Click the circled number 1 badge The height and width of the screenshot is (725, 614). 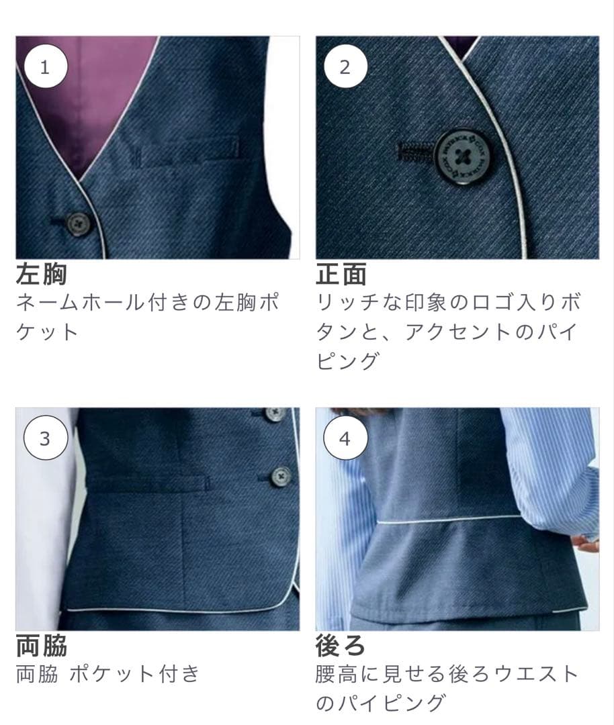point(45,67)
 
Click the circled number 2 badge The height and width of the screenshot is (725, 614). point(345,67)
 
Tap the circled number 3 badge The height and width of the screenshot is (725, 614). point(45,439)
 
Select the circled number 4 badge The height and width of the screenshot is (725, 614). point(345,439)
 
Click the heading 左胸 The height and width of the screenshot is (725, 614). point(42,274)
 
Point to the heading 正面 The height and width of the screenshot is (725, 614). point(341,274)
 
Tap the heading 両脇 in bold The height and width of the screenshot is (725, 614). point(42,646)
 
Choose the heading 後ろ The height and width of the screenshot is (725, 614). point(341,646)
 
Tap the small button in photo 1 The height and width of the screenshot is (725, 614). point(79,223)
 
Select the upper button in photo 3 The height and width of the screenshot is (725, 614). point(273,414)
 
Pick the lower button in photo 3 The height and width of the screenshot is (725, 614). point(281,476)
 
